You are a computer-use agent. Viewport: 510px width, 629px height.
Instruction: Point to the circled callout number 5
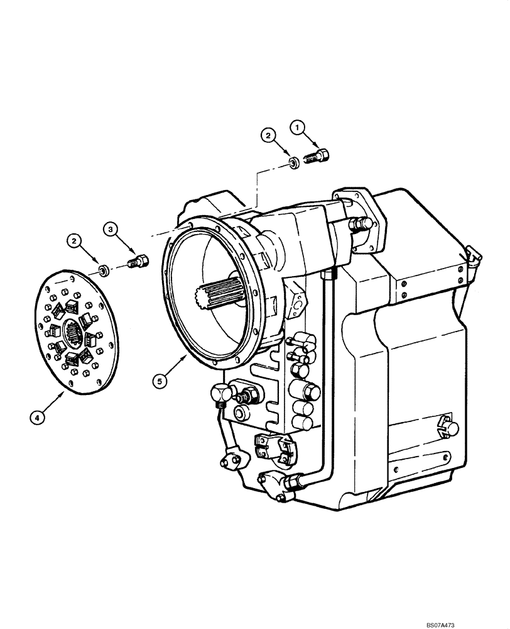[x=161, y=381]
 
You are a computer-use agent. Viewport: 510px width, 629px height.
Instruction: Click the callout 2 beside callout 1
[x=268, y=135]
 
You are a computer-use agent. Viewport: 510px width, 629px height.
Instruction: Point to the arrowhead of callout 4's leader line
[x=64, y=391]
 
